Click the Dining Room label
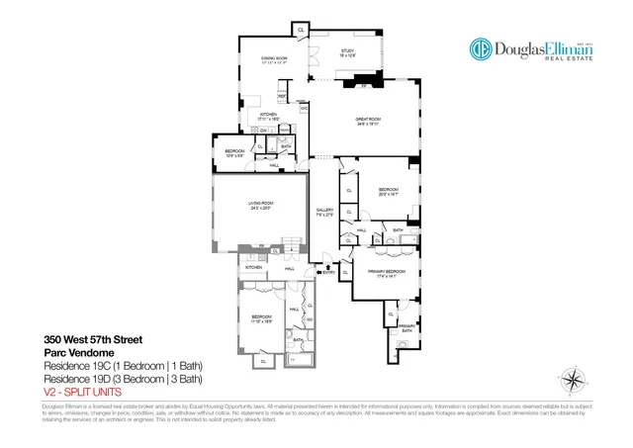click(274, 58)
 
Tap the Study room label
click(348, 49)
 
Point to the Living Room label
click(260, 203)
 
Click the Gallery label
click(323, 211)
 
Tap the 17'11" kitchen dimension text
click(269, 119)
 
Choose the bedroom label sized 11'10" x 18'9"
click(260, 318)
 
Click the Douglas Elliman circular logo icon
click(481, 50)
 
